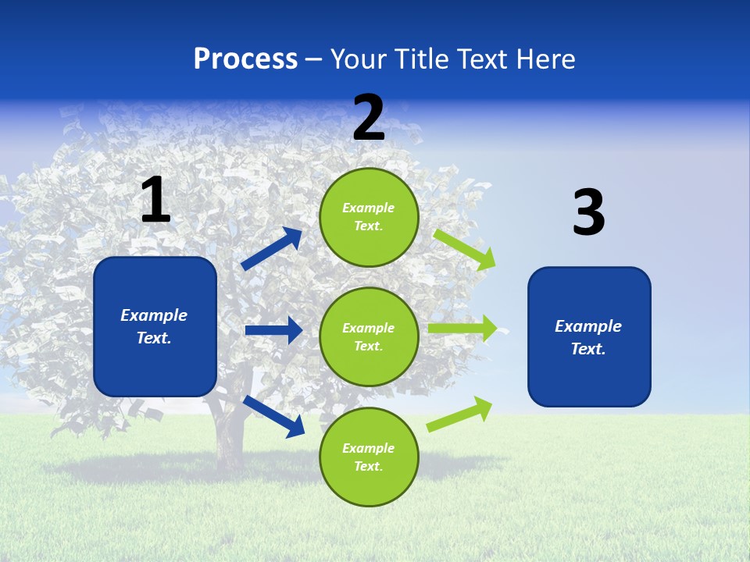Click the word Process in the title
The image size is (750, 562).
tap(245, 59)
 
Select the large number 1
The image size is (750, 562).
tap(155, 201)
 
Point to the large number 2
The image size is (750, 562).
tap(369, 118)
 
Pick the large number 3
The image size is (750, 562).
tap(588, 213)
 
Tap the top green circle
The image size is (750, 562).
tap(369, 217)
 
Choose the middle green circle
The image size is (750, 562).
tap(369, 336)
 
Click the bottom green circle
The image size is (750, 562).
tap(369, 457)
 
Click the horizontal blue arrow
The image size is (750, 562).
tap(273, 330)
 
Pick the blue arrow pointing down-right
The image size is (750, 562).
tap(274, 415)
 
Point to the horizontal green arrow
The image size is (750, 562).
tap(462, 329)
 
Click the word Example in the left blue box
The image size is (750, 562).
tap(154, 315)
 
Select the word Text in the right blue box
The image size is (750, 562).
tap(587, 349)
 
